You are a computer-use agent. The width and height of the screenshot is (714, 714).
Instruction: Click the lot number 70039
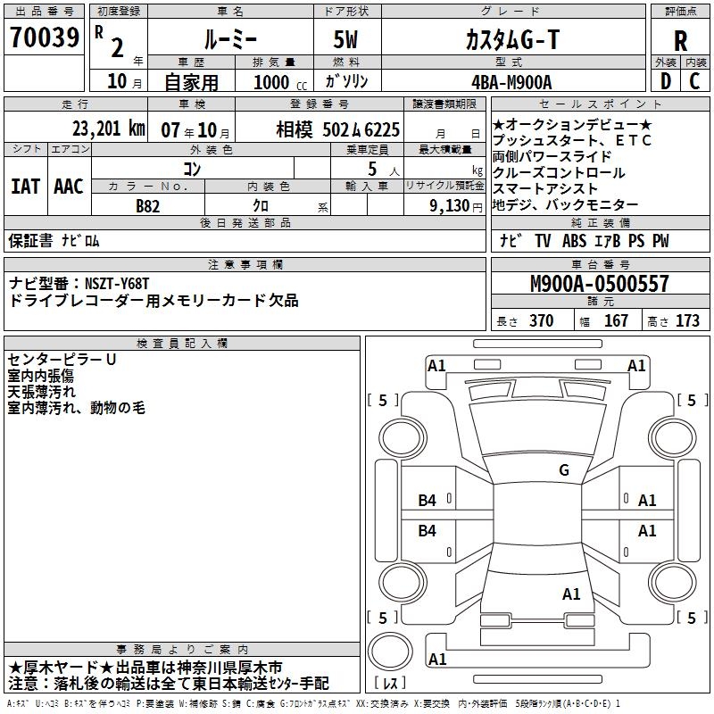click(x=43, y=38)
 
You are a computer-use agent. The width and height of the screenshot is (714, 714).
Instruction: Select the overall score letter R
click(x=681, y=40)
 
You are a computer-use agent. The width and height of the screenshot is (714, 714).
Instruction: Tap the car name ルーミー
click(x=229, y=39)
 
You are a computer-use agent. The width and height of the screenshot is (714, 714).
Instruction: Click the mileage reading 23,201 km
click(x=108, y=129)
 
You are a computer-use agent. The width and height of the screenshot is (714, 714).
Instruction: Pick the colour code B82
click(x=148, y=205)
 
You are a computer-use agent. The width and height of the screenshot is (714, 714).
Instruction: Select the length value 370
click(x=541, y=321)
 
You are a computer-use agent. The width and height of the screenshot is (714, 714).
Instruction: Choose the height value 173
click(x=687, y=321)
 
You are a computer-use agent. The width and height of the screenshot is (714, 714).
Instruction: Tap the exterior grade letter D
click(x=665, y=81)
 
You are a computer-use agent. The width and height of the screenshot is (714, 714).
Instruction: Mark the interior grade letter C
click(x=695, y=81)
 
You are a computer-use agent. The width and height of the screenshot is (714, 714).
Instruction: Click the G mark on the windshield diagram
click(x=563, y=470)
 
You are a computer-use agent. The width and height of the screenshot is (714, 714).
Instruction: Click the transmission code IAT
click(x=26, y=187)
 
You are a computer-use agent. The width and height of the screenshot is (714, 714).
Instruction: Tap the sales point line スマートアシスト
click(x=544, y=189)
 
